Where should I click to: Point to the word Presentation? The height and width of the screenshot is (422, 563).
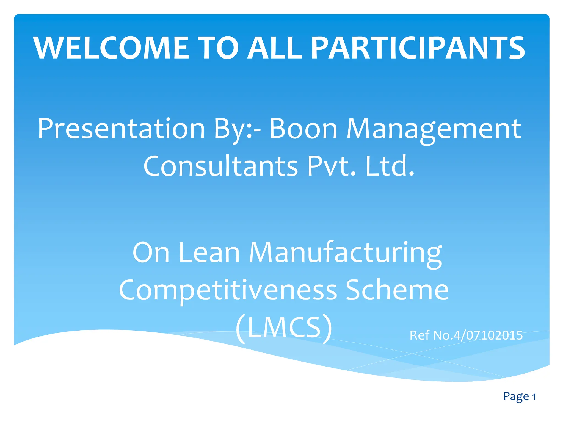[x=121, y=129]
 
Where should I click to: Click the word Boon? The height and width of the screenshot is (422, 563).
[x=303, y=129]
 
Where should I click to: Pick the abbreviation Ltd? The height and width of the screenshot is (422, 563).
[x=390, y=166]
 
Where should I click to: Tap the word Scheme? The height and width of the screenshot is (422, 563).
[x=397, y=290]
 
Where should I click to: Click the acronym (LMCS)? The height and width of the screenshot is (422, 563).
[x=284, y=327]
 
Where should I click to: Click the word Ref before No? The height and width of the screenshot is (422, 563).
[x=420, y=335]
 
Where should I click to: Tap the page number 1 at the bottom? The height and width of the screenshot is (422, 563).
[x=534, y=397]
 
